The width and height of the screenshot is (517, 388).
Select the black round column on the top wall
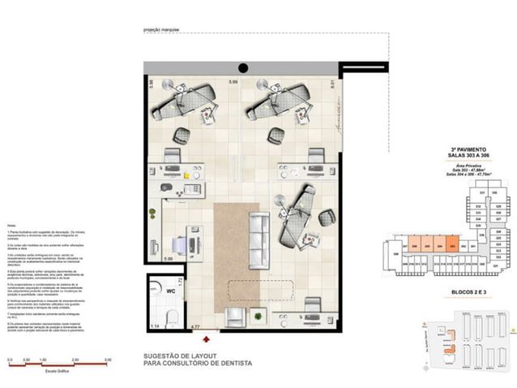tap(242, 68)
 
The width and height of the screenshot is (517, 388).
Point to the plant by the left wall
tap(152, 215)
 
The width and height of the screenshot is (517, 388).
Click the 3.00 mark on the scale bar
tap(108, 358)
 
